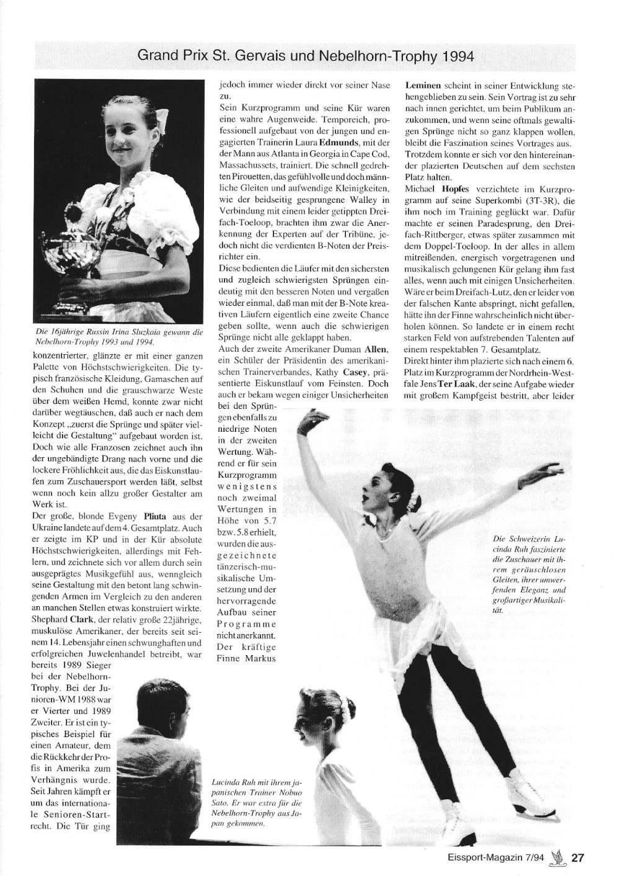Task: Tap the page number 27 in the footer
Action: coord(577,858)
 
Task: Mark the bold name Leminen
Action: coord(423,85)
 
